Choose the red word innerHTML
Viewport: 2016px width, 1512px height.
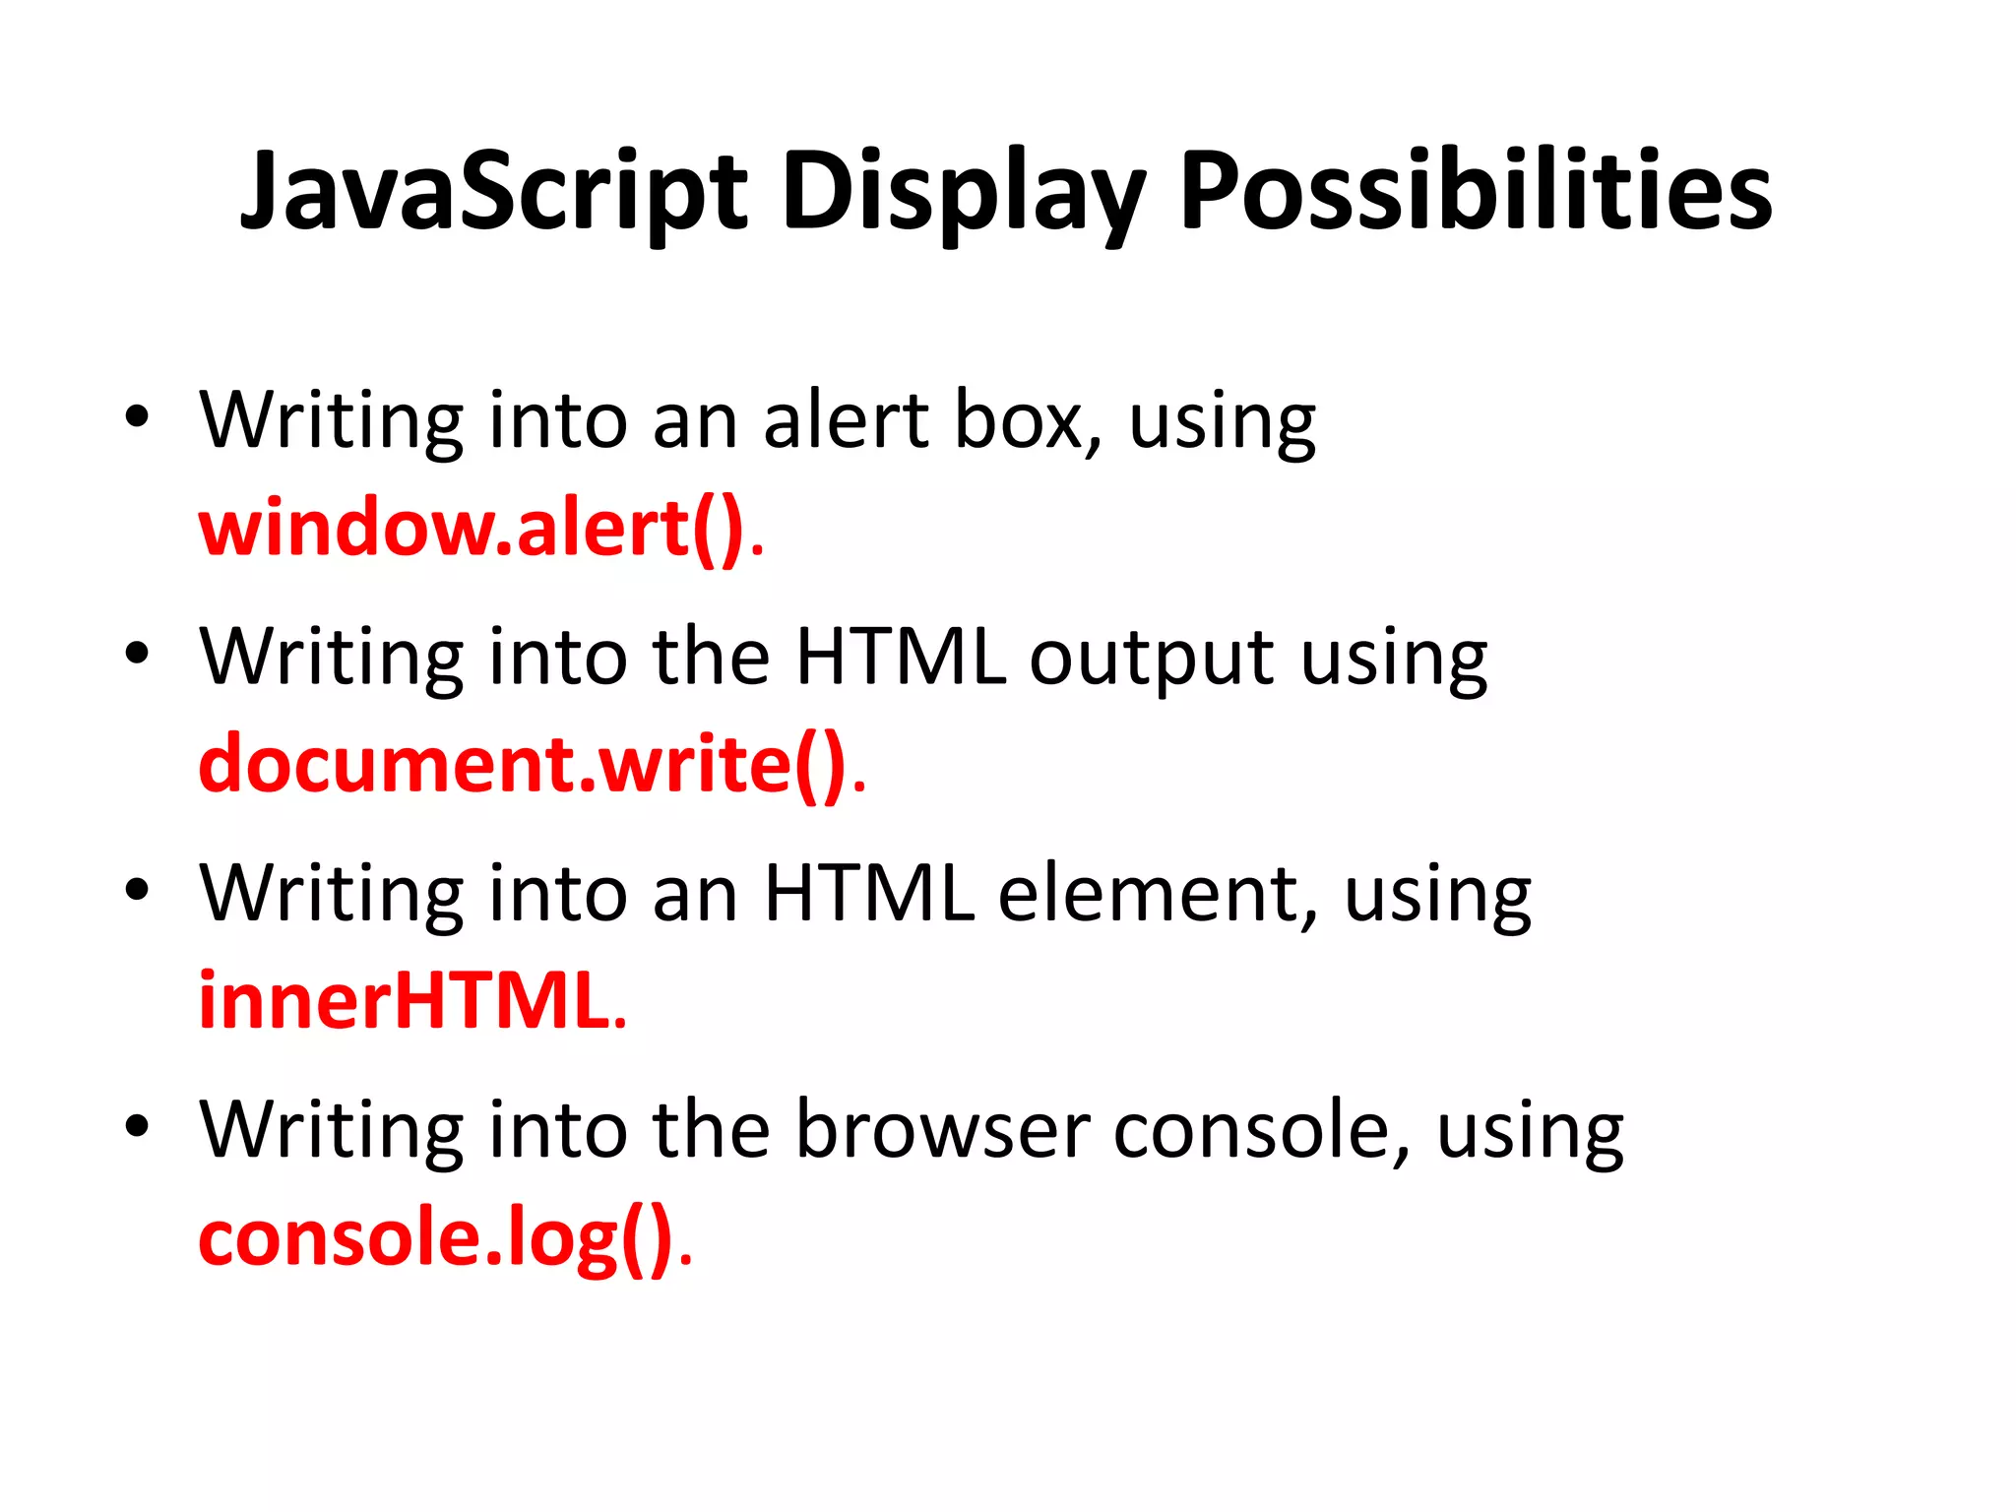point(405,1002)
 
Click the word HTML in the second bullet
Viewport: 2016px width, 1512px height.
point(901,658)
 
